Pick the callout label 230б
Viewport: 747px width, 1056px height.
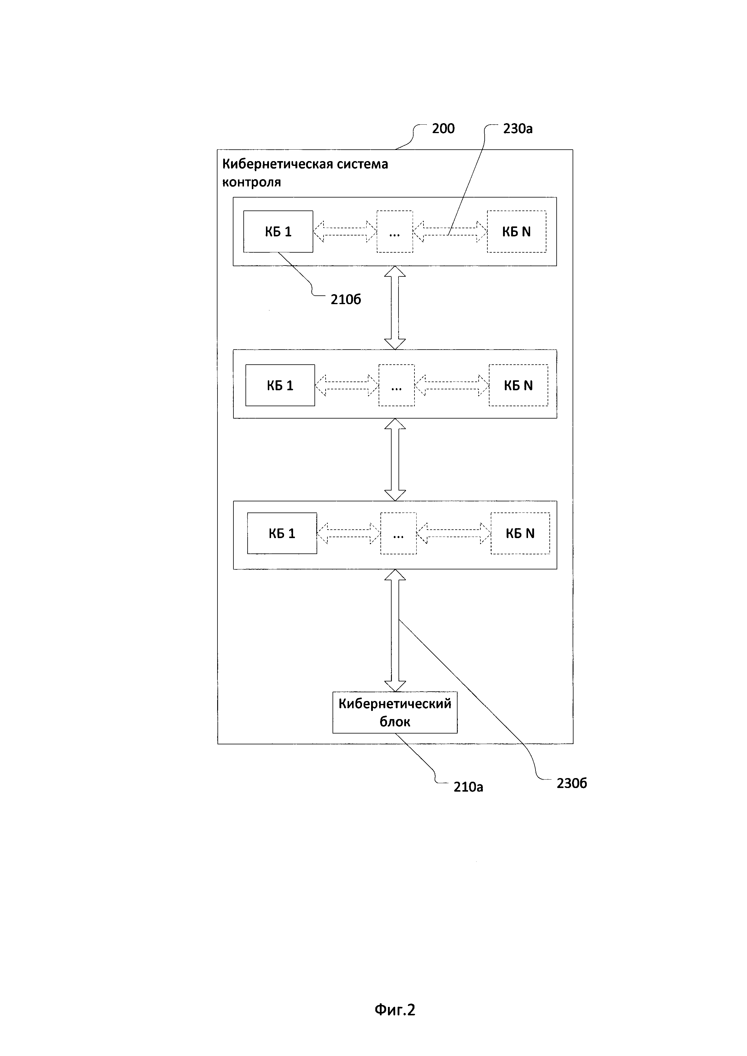[x=571, y=783]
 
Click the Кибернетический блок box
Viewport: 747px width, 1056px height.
[x=395, y=712]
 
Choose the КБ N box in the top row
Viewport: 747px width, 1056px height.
[x=517, y=231]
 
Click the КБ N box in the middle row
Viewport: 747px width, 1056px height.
[x=518, y=385]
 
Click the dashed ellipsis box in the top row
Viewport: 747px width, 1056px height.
[x=394, y=231]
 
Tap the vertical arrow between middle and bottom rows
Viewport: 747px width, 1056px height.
[x=395, y=459]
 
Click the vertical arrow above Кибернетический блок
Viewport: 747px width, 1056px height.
[x=395, y=630]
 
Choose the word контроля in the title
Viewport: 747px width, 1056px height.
[x=251, y=182]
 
